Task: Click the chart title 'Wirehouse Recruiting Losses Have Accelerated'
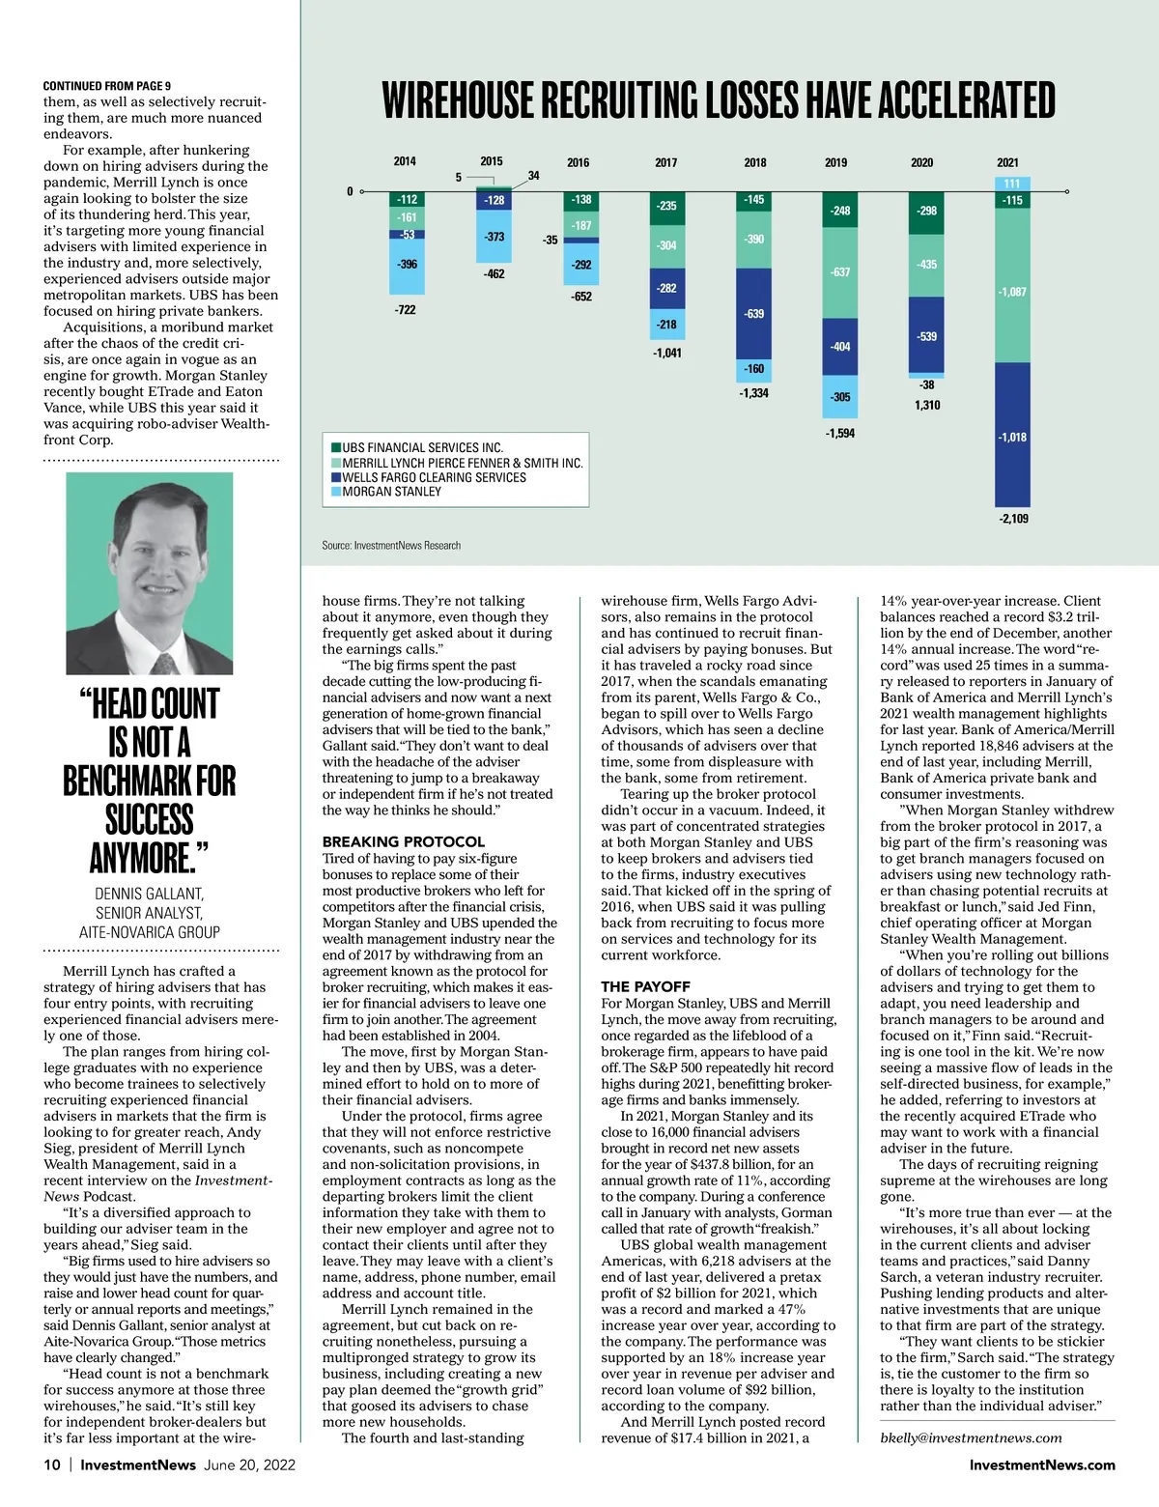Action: (x=719, y=100)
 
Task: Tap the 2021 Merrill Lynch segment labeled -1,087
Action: (x=1012, y=291)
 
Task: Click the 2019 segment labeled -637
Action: (x=840, y=272)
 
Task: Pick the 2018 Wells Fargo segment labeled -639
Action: (x=754, y=314)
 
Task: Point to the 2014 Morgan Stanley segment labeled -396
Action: (x=407, y=265)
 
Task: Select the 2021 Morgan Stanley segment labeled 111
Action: (x=1012, y=184)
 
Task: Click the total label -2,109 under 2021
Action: (x=1013, y=519)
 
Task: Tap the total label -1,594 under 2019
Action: (x=840, y=433)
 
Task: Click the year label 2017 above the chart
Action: (x=666, y=162)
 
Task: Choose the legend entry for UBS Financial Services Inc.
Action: (x=422, y=447)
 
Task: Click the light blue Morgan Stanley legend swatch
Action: (x=336, y=492)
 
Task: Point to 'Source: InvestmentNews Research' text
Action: (x=391, y=546)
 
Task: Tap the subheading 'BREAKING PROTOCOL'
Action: (x=404, y=841)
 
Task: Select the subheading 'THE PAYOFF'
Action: (x=645, y=986)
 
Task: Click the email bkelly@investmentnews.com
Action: (x=971, y=1437)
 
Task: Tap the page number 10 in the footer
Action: (x=52, y=1464)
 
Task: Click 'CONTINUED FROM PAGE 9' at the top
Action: (x=107, y=86)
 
